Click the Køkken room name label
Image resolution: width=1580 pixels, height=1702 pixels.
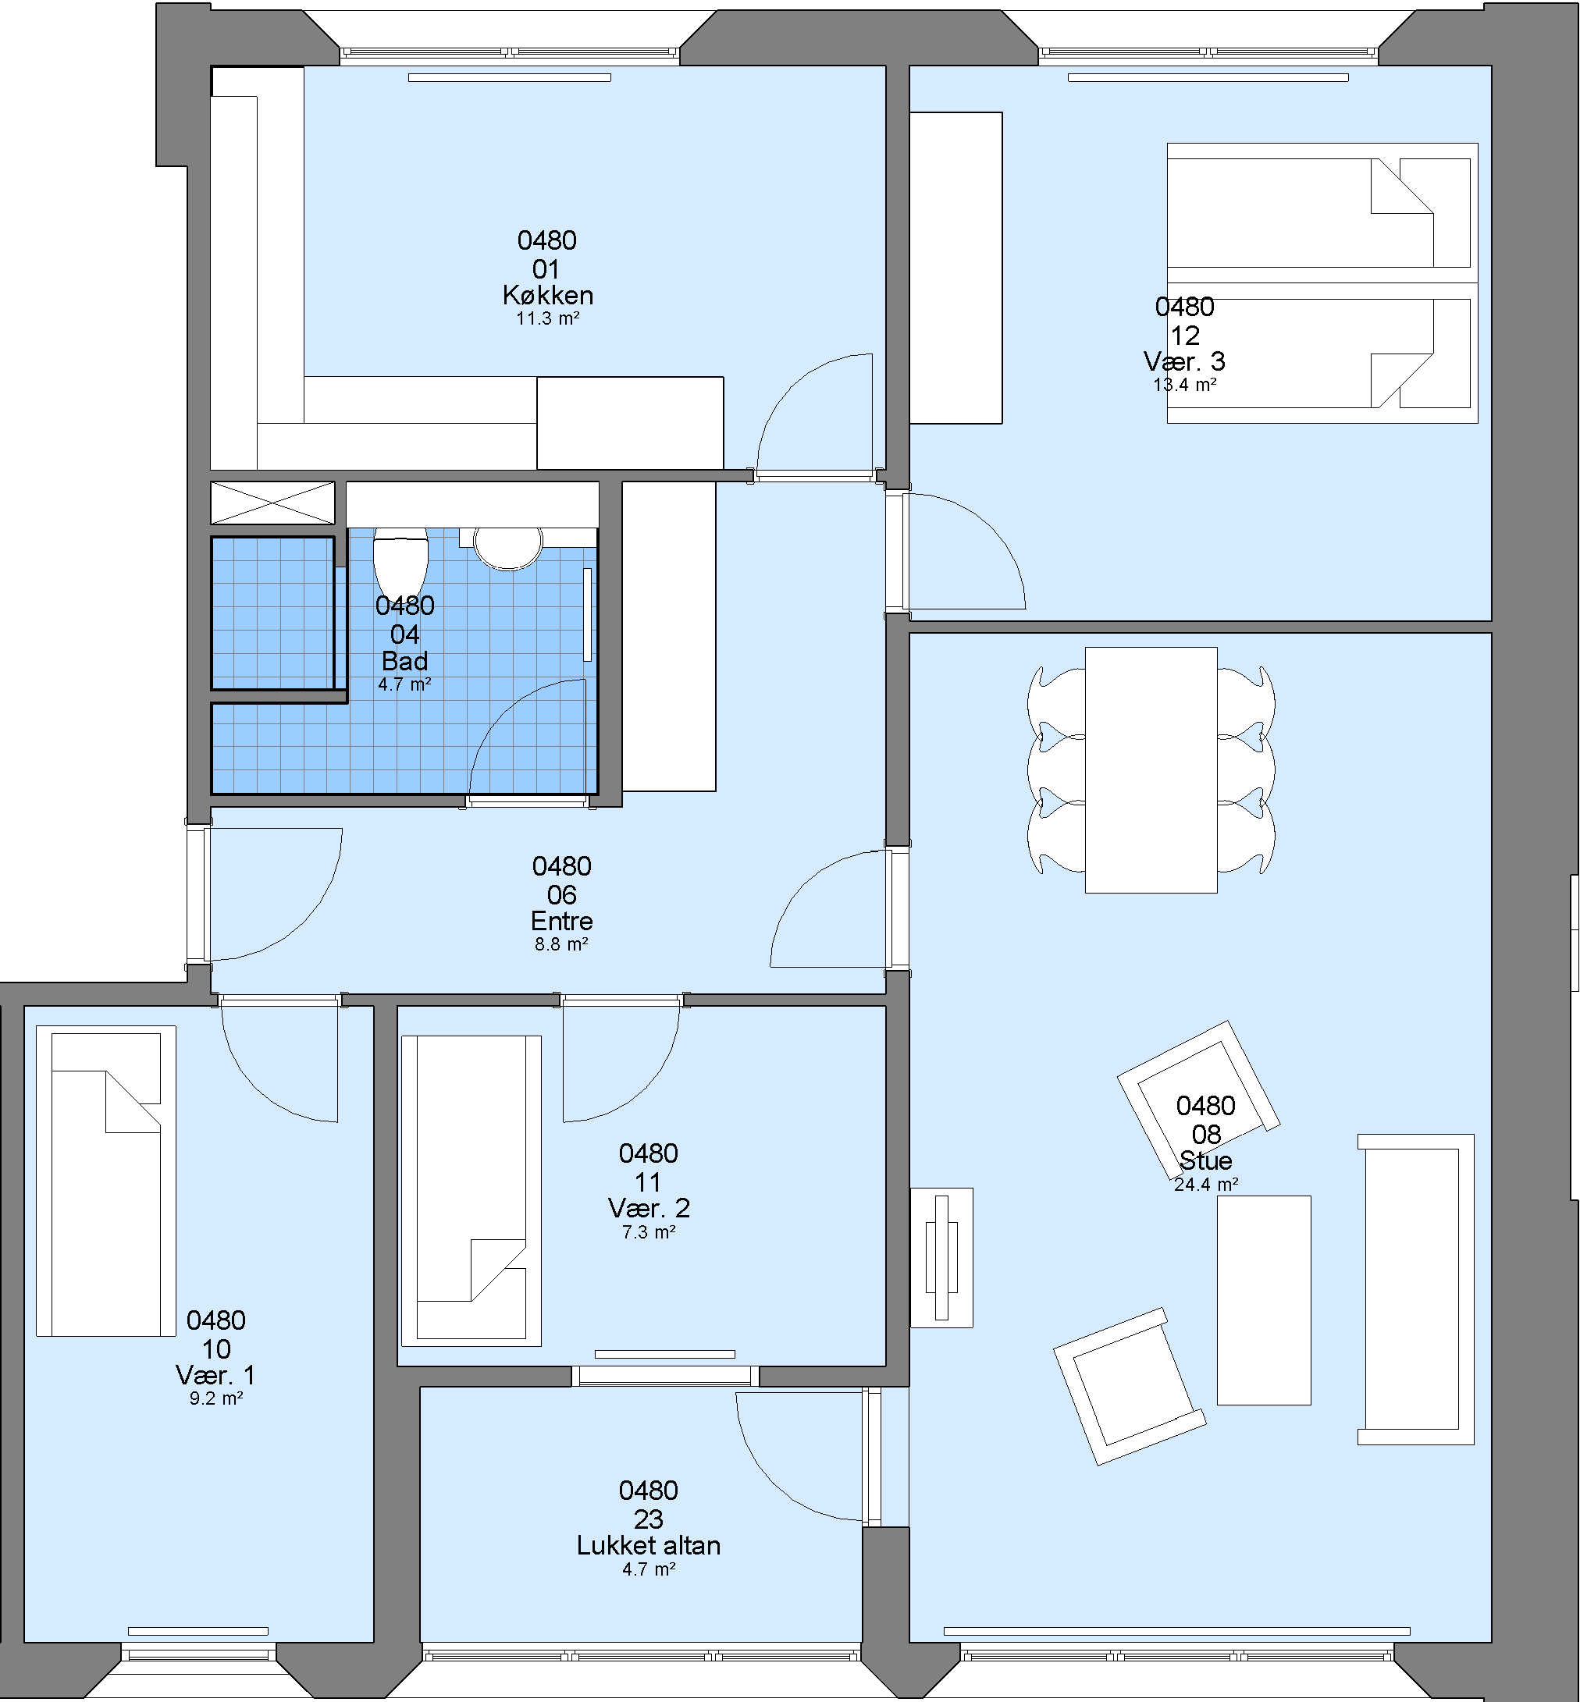pos(548,295)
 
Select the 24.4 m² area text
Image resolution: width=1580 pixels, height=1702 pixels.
pos(1205,1184)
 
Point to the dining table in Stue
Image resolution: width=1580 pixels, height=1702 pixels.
pos(1151,770)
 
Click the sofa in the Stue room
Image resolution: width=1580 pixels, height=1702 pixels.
pos(1416,1289)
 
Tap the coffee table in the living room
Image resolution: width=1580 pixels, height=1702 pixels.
pos(1264,1300)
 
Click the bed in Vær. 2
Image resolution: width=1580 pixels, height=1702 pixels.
pos(471,1191)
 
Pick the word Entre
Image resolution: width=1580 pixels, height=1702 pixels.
pos(562,921)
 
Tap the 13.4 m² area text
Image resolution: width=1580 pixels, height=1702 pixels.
pos(1184,385)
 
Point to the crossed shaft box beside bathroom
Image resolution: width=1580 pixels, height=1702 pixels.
pos(272,503)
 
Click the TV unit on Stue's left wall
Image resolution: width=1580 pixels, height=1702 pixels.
pos(941,1257)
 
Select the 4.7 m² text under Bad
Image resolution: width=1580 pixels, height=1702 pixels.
pos(404,684)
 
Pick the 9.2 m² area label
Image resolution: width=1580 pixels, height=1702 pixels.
pos(216,1398)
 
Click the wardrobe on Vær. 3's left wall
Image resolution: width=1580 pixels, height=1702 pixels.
pos(955,268)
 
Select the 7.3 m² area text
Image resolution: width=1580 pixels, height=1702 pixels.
pos(649,1232)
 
